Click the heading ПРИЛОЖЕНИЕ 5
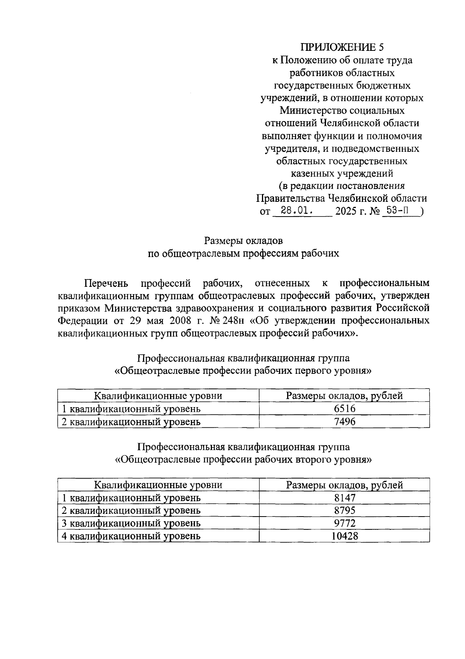(x=342, y=47)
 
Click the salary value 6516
(x=344, y=409)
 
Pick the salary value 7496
(x=344, y=421)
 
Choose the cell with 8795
(x=344, y=510)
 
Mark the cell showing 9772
(x=344, y=523)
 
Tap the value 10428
(x=344, y=536)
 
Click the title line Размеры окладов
(x=243, y=241)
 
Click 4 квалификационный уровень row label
(x=131, y=536)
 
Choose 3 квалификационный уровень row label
(x=131, y=523)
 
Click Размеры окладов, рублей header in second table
(x=344, y=485)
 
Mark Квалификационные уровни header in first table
(x=158, y=396)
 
